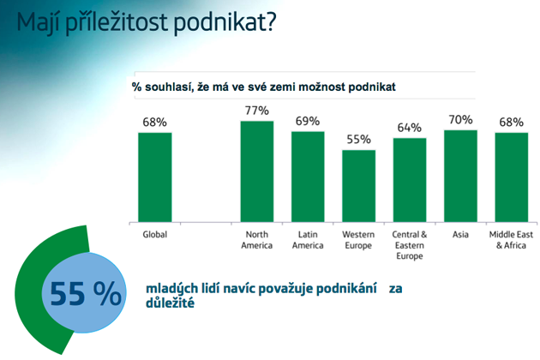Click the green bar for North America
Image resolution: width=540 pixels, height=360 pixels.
257,171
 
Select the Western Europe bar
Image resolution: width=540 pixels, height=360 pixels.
358,186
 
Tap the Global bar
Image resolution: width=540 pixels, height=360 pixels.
155,177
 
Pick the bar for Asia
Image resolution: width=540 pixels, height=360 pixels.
460,176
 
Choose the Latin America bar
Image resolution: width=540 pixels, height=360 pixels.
308,177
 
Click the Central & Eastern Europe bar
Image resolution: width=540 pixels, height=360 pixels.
410,180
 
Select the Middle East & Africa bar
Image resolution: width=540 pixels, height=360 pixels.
512,177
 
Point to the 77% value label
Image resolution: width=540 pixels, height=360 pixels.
257,111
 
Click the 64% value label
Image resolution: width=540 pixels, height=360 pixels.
410,128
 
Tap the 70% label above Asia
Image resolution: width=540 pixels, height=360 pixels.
460,120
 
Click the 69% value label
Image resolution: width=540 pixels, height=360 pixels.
308,121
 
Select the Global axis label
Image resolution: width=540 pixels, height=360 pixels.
155,235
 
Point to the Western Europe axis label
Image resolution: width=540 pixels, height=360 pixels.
358,240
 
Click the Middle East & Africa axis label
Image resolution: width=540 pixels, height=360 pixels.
511,240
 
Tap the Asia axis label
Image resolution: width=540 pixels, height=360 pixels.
460,235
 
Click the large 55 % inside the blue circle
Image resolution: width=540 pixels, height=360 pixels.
86,294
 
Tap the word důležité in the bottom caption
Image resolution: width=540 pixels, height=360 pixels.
170,303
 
